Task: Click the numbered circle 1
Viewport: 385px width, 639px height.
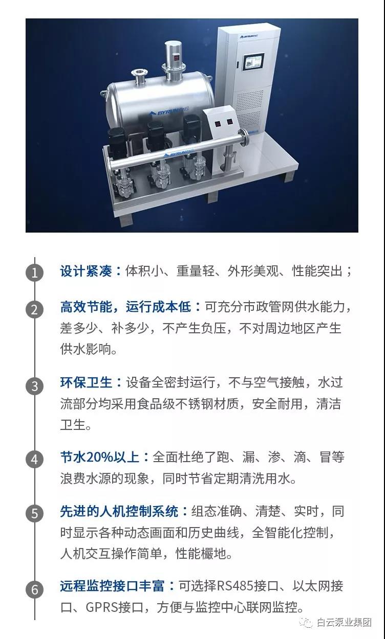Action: click(x=35, y=272)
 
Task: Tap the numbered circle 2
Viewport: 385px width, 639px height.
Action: click(x=35, y=309)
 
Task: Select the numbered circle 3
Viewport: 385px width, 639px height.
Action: click(x=35, y=386)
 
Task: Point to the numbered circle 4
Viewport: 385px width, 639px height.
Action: click(x=35, y=459)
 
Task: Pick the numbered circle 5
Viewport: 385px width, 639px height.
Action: click(x=35, y=513)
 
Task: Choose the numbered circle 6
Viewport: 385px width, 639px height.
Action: click(x=35, y=589)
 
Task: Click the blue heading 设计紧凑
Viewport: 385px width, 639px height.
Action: click(x=85, y=271)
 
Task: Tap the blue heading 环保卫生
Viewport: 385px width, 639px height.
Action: click(x=85, y=382)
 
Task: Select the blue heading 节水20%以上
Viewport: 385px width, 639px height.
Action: click(x=100, y=458)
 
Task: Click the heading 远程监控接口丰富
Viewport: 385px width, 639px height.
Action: click(x=112, y=586)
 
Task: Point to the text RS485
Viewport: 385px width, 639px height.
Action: click(x=236, y=586)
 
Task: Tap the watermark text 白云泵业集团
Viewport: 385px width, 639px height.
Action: click(x=344, y=623)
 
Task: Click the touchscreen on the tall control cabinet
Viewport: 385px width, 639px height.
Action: click(x=253, y=62)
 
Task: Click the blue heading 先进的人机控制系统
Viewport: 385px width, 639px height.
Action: click(x=119, y=512)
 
